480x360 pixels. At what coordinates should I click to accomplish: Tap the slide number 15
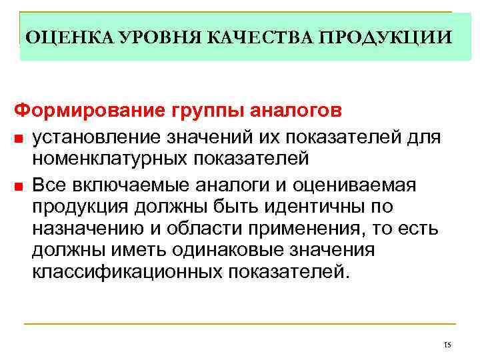447,345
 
